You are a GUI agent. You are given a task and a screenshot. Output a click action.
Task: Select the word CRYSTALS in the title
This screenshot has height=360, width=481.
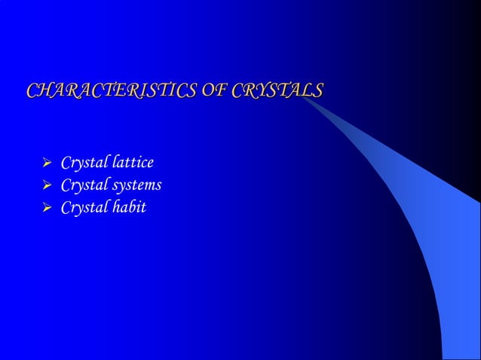click(x=278, y=92)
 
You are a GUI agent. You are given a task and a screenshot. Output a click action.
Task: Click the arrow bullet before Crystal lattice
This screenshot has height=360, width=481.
click(x=46, y=163)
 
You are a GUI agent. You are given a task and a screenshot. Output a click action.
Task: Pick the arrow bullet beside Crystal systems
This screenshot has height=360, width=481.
click(x=46, y=185)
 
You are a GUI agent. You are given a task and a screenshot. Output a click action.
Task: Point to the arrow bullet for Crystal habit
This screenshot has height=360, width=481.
click(x=46, y=206)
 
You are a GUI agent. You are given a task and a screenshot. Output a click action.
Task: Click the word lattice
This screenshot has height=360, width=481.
click(x=132, y=162)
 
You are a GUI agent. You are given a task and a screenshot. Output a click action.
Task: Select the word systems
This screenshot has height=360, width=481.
click(x=136, y=185)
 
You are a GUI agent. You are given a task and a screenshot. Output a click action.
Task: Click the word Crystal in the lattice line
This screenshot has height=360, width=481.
click(x=84, y=163)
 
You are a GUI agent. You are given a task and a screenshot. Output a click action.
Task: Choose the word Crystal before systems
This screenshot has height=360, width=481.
click(x=84, y=185)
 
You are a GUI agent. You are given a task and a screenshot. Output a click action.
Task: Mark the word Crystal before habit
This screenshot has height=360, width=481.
click(x=84, y=206)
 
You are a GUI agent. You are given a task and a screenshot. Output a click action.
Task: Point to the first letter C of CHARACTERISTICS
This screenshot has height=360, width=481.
click(x=33, y=92)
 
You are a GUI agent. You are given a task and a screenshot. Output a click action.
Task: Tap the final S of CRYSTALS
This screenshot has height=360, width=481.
click(x=317, y=92)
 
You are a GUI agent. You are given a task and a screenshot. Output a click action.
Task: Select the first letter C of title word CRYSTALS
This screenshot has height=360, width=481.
click(x=239, y=92)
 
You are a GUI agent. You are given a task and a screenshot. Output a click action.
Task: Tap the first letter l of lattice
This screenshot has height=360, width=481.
click(x=112, y=162)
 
